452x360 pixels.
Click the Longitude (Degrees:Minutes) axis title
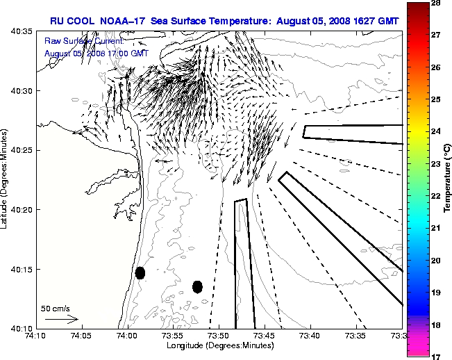pyautogui.click(x=219, y=345)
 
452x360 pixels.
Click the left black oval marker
pyautogui.click(x=140, y=272)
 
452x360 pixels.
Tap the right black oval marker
pyautogui.click(x=197, y=286)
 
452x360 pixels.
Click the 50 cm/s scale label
pyautogui.click(x=56, y=308)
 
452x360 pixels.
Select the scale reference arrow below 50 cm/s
pyautogui.click(x=61, y=319)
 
